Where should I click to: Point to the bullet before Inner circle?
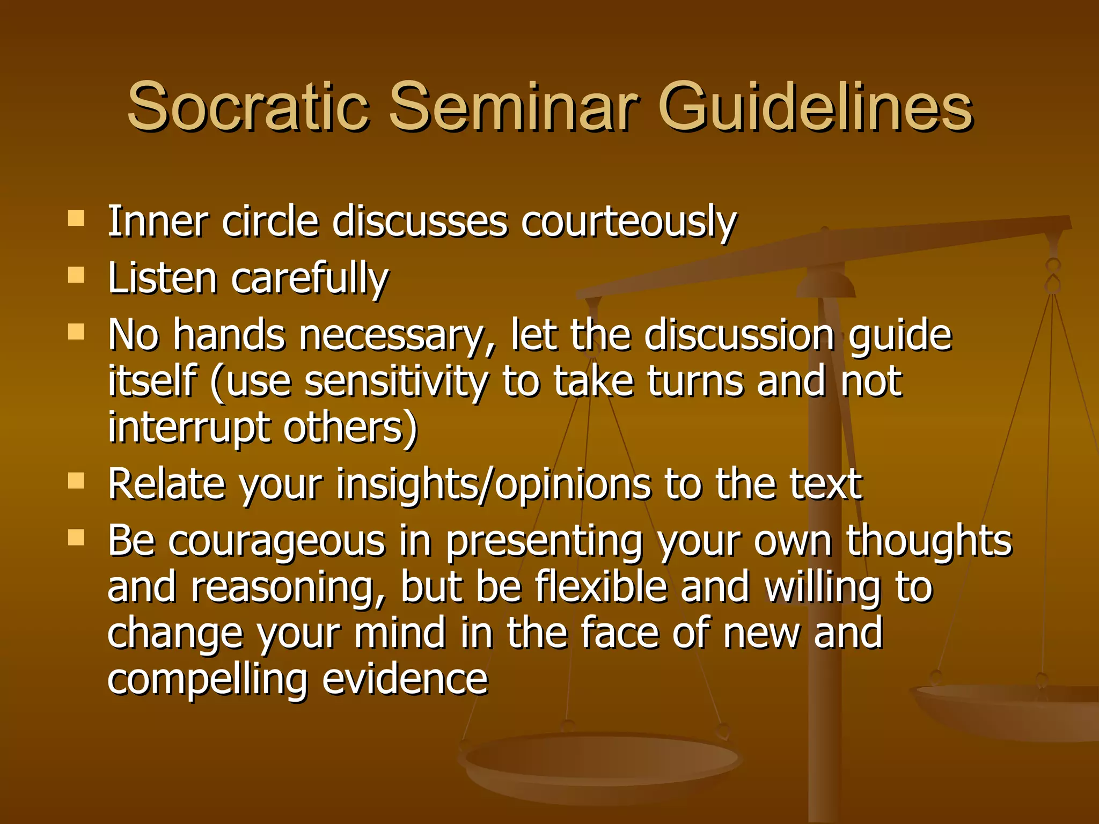point(77,218)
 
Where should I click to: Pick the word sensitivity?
point(396,382)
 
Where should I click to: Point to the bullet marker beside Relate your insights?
point(77,481)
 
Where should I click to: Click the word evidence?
point(405,679)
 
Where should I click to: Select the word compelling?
point(207,680)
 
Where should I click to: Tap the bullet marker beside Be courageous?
point(77,537)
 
